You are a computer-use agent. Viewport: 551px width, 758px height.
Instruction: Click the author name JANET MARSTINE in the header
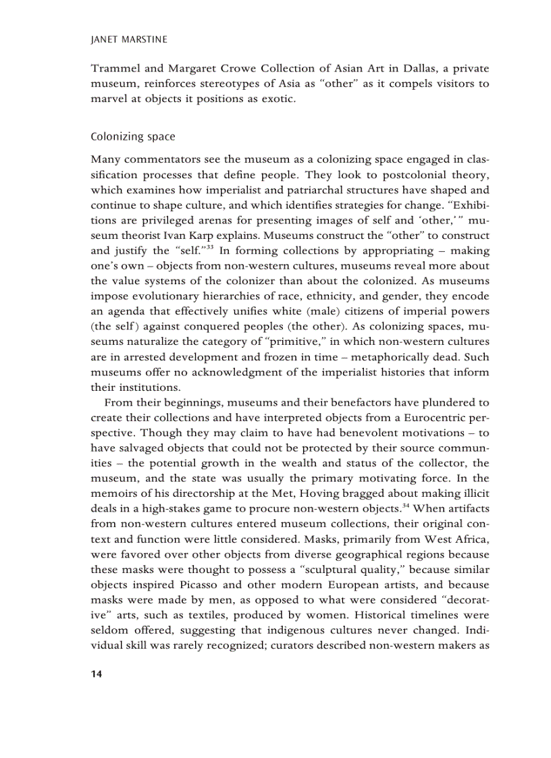128,40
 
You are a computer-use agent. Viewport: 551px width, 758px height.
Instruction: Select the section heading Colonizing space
133,136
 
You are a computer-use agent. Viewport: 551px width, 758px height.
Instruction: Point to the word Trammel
113,69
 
